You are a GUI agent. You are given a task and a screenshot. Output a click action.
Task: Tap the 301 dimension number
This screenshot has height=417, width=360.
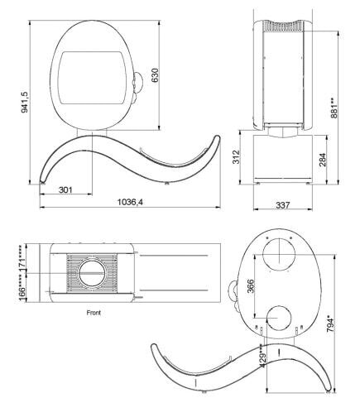65,190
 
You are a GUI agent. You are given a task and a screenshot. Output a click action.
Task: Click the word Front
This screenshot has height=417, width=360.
94,314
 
